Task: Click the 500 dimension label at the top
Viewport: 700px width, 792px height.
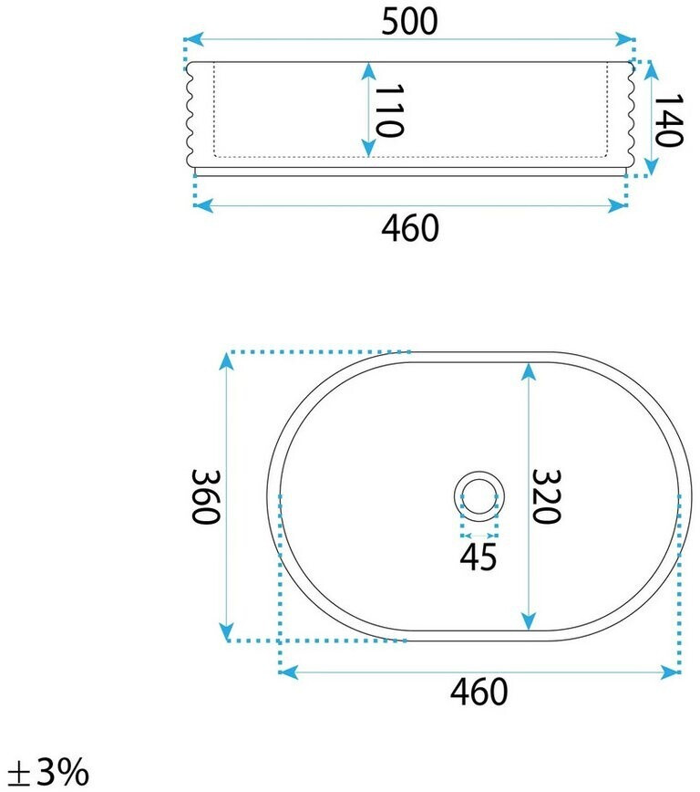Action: point(409,22)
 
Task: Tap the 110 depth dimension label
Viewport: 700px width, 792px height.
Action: point(389,110)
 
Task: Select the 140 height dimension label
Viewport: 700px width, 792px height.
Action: point(669,120)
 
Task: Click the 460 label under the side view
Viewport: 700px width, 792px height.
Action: point(410,228)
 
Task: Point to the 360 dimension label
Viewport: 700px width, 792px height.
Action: point(206,497)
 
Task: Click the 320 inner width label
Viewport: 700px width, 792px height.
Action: point(547,496)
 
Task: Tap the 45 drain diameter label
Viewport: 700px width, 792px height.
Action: point(478,557)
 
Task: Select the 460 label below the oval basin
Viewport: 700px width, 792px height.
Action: point(479,692)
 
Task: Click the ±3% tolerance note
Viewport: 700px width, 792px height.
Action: point(49,773)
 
